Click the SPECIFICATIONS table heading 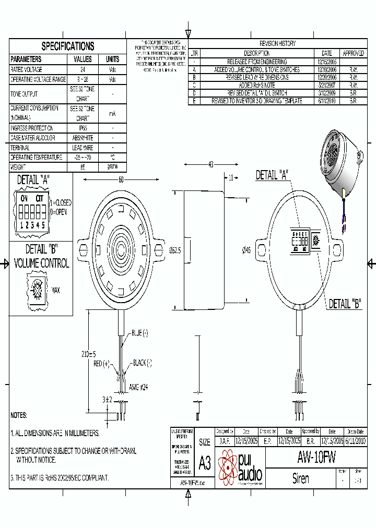coord(68,46)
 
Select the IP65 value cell coord(83,128)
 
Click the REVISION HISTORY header coord(277,44)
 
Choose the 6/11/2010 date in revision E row coord(326,101)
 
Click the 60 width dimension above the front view coord(121,180)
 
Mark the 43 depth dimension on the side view coord(211,165)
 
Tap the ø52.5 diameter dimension coord(175,251)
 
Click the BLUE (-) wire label coord(139,333)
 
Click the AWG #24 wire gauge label coord(138,388)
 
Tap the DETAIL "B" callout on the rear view coord(345,304)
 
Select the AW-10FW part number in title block coord(316,458)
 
